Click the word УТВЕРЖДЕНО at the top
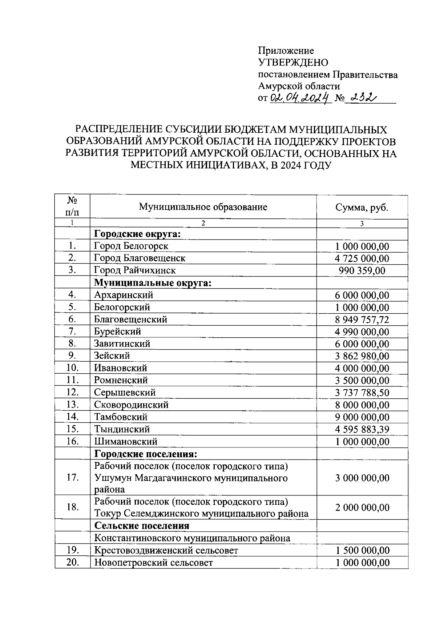point(293,63)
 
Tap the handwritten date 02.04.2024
point(300,98)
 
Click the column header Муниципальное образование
point(203,207)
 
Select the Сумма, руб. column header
point(362,208)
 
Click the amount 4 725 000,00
point(362,258)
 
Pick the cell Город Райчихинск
point(135,270)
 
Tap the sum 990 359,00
point(362,271)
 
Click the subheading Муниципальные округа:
point(153,283)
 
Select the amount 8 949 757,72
point(362,319)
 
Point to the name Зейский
point(112,355)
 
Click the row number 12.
point(73,392)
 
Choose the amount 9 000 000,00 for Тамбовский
point(362,417)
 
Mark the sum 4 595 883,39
point(362,429)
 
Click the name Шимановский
point(126,442)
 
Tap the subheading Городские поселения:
point(146,454)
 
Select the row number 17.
point(73,477)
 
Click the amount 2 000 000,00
point(362,507)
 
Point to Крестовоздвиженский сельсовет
point(166,550)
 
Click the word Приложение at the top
point(286,51)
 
